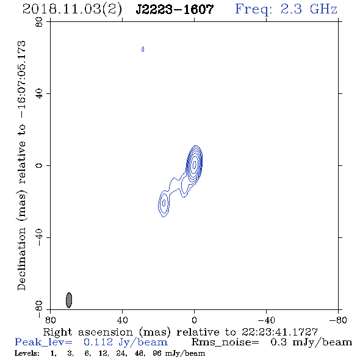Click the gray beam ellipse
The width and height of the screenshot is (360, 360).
pyautogui.click(x=69, y=300)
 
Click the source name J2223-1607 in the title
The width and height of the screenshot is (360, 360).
pyautogui.click(x=175, y=10)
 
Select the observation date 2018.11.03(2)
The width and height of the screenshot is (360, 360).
pyautogui.click(x=72, y=10)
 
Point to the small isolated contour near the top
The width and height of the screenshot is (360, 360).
pyautogui.click(x=143, y=49)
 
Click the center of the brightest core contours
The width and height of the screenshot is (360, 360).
pyautogui.click(x=195, y=164)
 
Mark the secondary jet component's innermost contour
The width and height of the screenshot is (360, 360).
pyautogui.click(x=164, y=203)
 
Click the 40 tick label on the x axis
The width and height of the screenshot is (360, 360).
pyautogui.click(x=122, y=320)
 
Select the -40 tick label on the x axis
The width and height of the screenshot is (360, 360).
pyautogui.click(x=266, y=320)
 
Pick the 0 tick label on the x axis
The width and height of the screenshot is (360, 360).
pyautogui.click(x=194, y=320)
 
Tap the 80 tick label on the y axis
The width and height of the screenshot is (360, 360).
pyautogui.click(x=39, y=22)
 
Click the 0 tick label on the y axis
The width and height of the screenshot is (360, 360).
pyautogui.click(x=39, y=165)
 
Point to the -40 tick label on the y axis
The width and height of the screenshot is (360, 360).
pyautogui.click(x=39, y=237)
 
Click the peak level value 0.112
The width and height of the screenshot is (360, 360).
pyautogui.click(x=98, y=342)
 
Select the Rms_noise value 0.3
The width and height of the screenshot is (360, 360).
pyautogui.click(x=278, y=342)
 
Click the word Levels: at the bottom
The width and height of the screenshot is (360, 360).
pyautogui.click(x=27, y=353)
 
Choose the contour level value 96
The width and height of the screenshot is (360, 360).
pyautogui.click(x=157, y=353)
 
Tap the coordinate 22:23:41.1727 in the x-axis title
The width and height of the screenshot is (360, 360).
pyautogui.click(x=279, y=332)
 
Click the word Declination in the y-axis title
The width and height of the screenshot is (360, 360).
pyautogui.click(x=21, y=259)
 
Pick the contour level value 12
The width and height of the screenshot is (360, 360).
pyautogui.click(x=104, y=353)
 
